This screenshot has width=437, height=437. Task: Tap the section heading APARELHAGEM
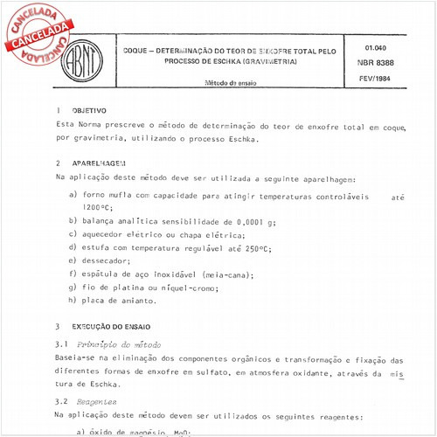tap(98, 163)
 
